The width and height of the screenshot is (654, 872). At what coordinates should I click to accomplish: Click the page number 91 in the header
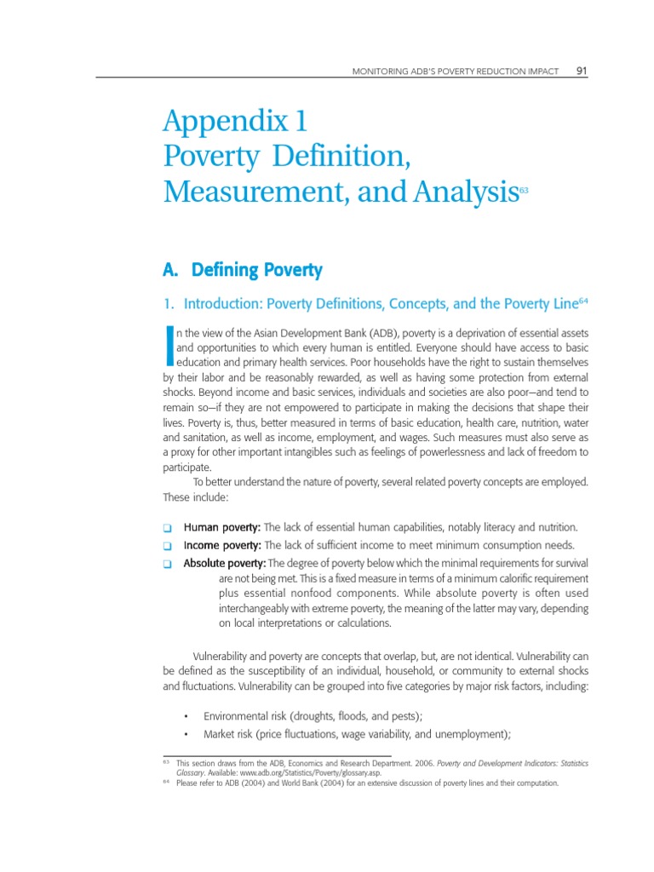click(582, 71)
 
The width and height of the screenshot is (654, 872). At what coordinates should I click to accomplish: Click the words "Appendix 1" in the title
click(234, 122)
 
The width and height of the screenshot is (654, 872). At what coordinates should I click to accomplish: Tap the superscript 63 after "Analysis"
click(524, 192)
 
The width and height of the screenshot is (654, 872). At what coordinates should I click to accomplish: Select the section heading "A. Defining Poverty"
click(242, 271)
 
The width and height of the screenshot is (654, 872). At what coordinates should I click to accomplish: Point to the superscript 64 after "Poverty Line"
click(583, 301)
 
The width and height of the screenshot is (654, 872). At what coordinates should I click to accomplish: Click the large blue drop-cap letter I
click(169, 348)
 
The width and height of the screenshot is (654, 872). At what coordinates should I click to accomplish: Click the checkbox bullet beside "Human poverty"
click(168, 528)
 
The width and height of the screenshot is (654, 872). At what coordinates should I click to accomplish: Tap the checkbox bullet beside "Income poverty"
click(168, 546)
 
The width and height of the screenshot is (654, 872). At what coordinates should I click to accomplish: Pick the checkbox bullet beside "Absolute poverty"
click(168, 564)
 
